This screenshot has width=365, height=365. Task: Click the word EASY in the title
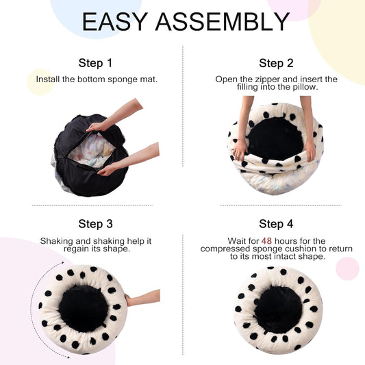click(x=115, y=22)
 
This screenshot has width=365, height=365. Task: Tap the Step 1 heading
click(x=95, y=63)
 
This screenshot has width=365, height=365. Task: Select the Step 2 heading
click(x=276, y=63)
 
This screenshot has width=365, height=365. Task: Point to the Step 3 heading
click(x=95, y=224)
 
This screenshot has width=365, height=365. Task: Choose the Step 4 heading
click(x=276, y=224)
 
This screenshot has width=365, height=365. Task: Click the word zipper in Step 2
click(x=268, y=79)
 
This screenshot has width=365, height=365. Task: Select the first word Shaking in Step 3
click(x=57, y=241)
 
